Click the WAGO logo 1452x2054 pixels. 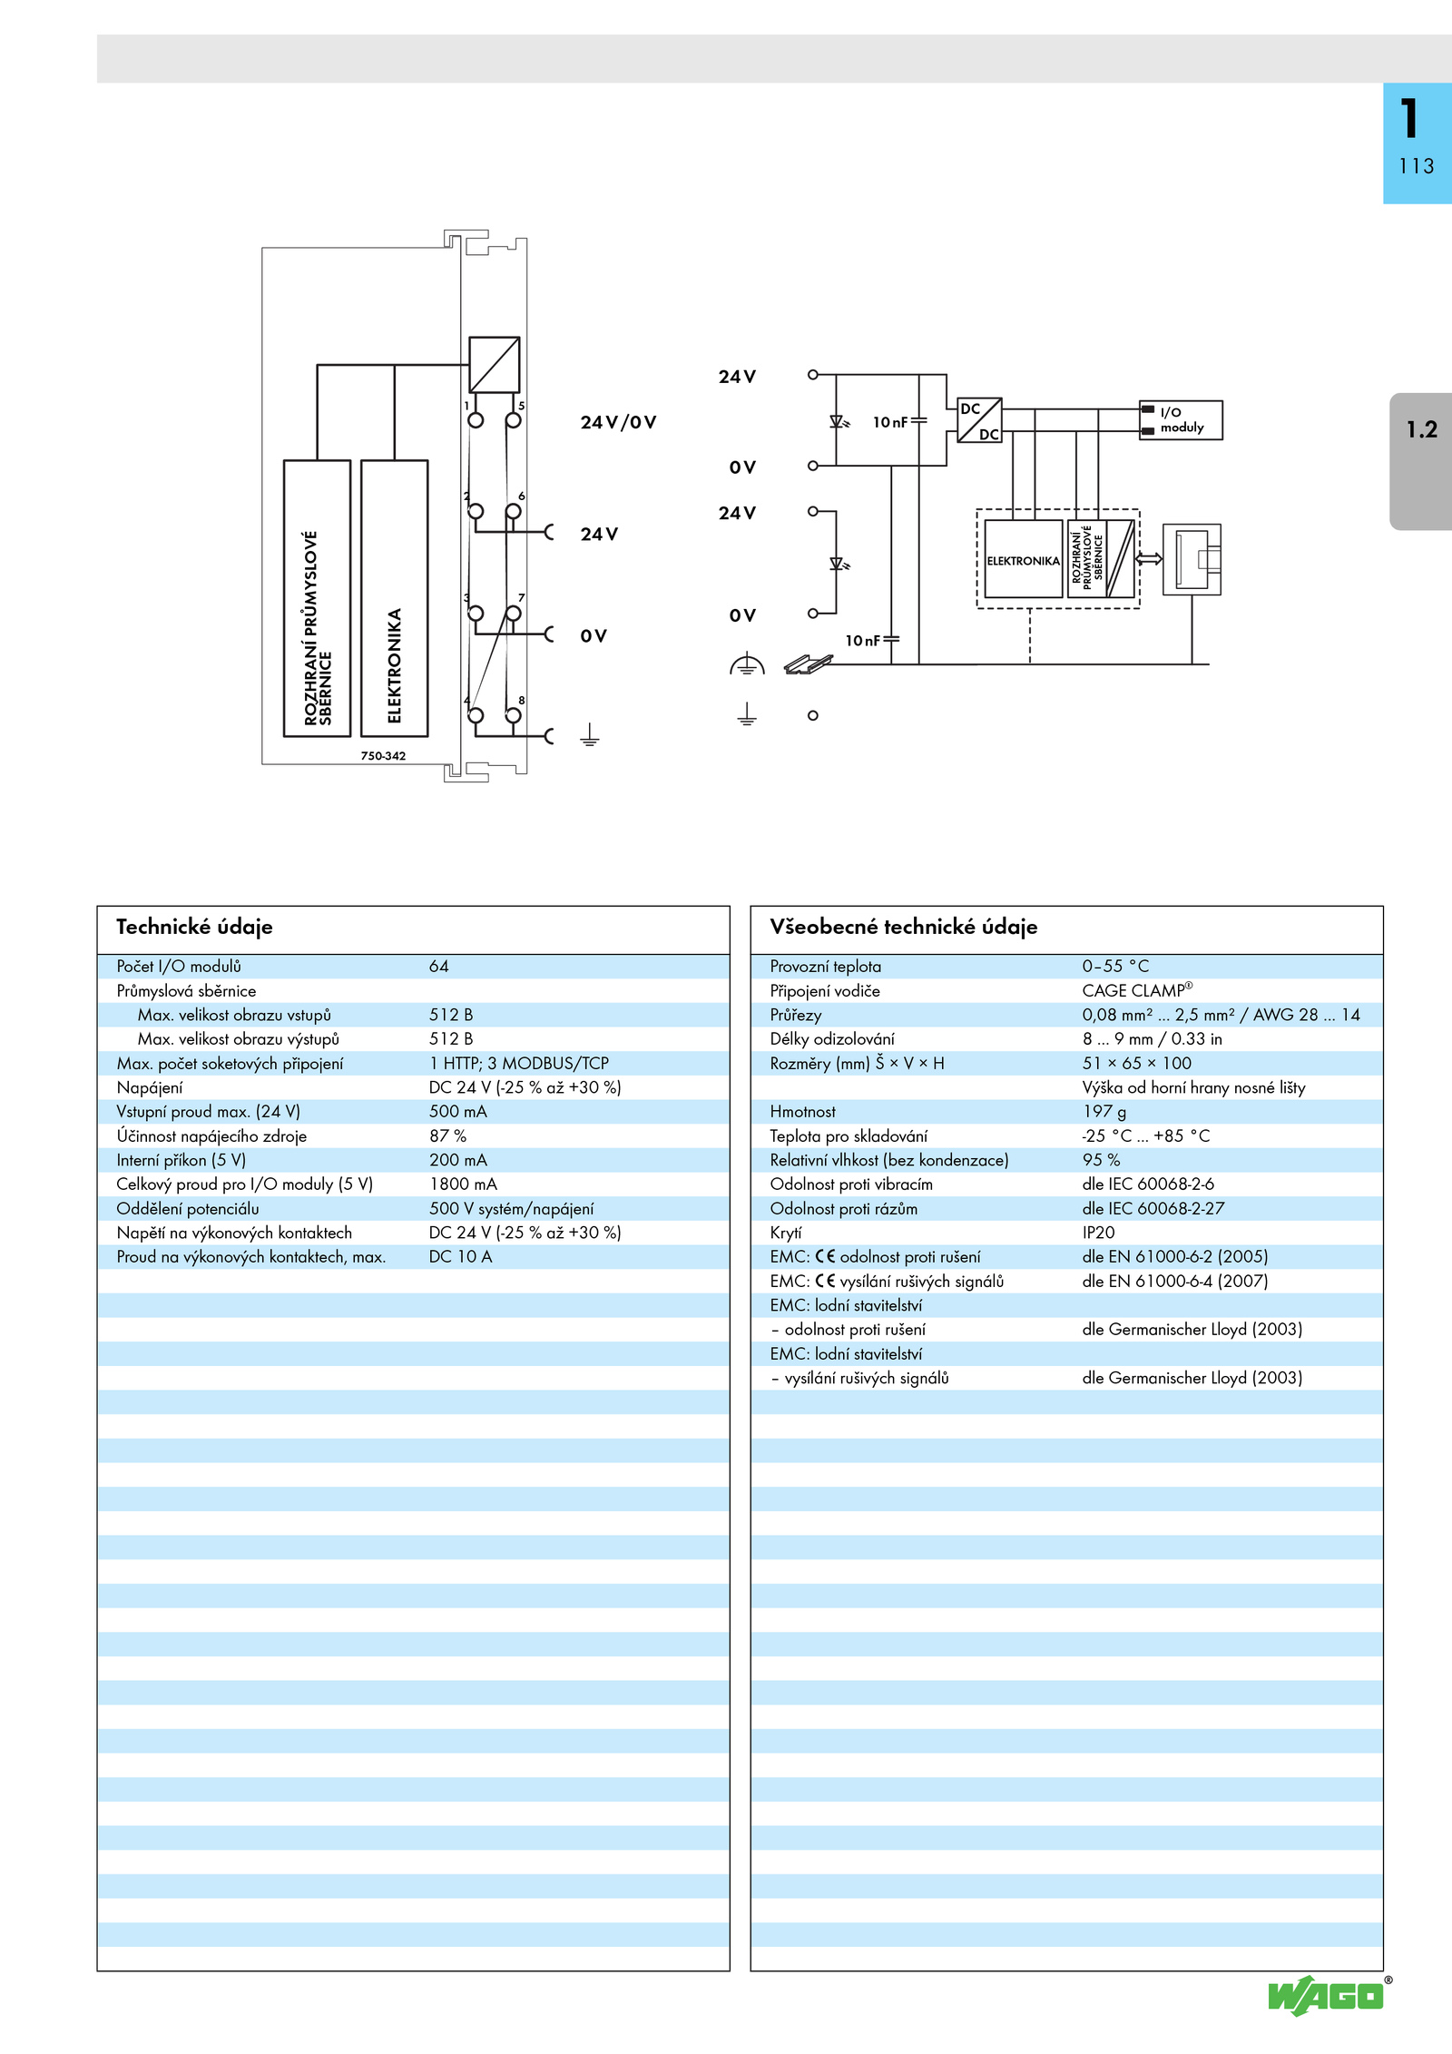pyautogui.click(x=1327, y=1996)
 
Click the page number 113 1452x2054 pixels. pyautogui.click(x=1416, y=166)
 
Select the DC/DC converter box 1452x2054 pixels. pyautogui.click(x=979, y=420)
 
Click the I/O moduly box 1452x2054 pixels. pyautogui.click(x=1181, y=420)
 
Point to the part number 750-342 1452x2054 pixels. pyautogui.click(x=383, y=755)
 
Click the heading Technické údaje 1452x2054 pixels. pyautogui.click(x=194, y=927)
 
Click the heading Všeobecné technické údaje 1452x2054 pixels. pyautogui.click(x=903, y=927)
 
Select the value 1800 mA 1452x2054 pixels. pyautogui.click(x=463, y=1184)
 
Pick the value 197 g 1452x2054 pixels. pyautogui.click(x=1104, y=1112)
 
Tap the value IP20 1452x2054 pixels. pyautogui.click(x=1098, y=1233)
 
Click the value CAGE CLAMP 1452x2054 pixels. pyautogui.click(x=1137, y=990)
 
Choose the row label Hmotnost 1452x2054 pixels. pyautogui.click(x=802, y=1112)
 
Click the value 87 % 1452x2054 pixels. pyautogui.click(x=447, y=1135)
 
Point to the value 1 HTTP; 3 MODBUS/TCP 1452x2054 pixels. pyautogui.click(x=519, y=1063)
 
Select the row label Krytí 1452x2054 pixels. pyautogui.click(x=786, y=1233)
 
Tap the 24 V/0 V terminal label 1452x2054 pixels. pyautogui.click(x=618, y=422)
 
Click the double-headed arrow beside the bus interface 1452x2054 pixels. pyautogui.click(x=1149, y=558)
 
